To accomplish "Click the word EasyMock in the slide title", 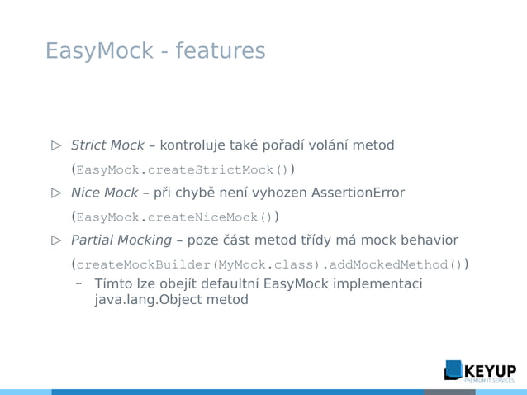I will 99,51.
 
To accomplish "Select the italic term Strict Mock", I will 107,145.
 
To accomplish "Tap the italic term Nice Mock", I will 104,193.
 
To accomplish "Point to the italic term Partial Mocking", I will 121,240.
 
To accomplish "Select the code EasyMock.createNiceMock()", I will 173,217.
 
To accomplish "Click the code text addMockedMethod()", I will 396,265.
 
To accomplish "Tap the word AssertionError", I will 358,193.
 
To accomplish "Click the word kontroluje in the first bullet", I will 198,145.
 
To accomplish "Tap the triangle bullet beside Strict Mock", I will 56,145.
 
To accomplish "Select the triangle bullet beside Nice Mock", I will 56,193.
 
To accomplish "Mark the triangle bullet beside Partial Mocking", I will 56,240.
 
